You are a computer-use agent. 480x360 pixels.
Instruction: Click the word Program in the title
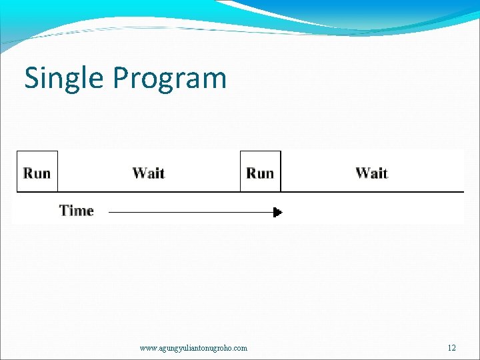coord(169,78)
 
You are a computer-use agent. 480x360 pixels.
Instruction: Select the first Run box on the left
coord(37,172)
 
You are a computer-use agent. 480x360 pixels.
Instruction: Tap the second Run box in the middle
coord(260,172)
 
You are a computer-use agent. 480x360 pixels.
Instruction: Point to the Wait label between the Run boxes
coord(148,173)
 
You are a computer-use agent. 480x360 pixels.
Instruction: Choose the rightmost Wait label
coord(371,173)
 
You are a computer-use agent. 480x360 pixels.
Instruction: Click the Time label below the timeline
coord(77,211)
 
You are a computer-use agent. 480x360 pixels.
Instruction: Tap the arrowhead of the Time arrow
coord(278,212)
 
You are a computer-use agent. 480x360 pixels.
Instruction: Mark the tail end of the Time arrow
coord(110,212)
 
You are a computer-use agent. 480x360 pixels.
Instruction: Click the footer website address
coord(193,348)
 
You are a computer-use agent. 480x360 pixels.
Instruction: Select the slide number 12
coord(452,348)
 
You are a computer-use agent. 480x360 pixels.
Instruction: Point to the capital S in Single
coord(32,78)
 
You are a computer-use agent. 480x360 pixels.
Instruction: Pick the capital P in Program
coord(121,78)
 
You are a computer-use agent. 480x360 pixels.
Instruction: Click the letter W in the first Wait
coord(139,173)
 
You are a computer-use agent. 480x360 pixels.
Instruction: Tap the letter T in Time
coord(65,211)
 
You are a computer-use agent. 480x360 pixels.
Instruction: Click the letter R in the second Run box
coord(251,173)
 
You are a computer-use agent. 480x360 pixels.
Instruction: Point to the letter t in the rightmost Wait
coord(384,173)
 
